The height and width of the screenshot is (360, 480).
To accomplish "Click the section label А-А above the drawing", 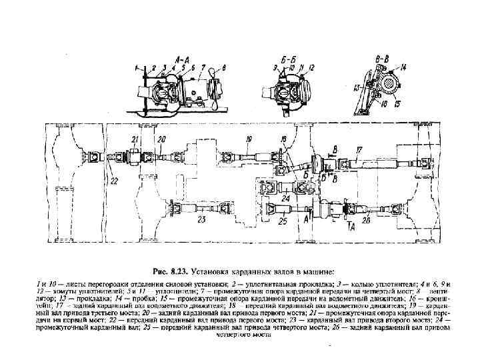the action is (x=181, y=57).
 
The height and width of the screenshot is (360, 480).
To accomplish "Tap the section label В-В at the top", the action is (x=381, y=58).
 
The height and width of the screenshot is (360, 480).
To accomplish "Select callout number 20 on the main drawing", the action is (x=161, y=139).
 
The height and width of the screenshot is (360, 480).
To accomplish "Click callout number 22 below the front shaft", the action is (x=114, y=181).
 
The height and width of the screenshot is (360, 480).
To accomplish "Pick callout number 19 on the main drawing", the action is (x=248, y=139).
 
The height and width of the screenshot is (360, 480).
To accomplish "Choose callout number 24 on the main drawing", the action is (x=285, y=198).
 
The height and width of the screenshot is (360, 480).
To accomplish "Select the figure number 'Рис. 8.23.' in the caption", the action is (x=171, y=272).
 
